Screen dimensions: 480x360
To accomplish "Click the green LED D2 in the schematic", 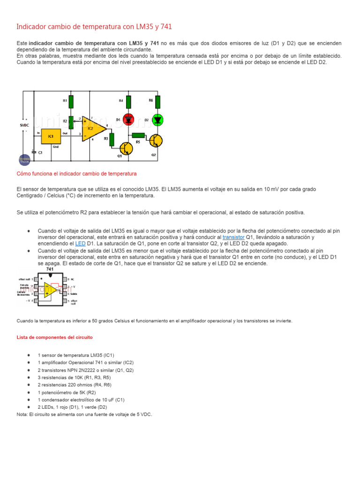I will point(158,120).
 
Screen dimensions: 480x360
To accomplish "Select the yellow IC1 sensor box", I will point(51,136).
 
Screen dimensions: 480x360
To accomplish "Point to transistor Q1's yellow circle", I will point(126,149).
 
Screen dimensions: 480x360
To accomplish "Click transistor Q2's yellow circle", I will point(157,140).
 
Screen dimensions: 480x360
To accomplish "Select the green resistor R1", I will point(71,101).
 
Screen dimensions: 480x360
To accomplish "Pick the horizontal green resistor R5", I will point(138,135).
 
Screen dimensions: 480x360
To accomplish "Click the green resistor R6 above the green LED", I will point(158,101).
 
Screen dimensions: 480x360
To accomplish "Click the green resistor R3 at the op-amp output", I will point(112,139).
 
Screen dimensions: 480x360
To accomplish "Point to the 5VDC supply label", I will point(25,126).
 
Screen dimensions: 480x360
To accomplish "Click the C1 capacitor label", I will point(40,152).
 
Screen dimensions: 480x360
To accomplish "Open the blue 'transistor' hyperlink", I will point(233,237).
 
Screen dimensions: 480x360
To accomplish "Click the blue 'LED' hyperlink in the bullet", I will point(80,244).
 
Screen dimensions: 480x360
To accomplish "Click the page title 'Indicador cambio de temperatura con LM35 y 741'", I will point(97,27).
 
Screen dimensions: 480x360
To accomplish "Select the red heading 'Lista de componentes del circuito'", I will point(54,337).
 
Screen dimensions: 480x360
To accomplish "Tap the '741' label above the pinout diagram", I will point(49,270).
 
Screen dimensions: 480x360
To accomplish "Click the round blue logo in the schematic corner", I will point(24,160).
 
